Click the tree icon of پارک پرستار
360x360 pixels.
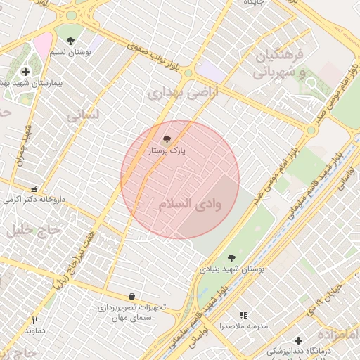click(167, 140)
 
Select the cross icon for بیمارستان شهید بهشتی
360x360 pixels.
click(26, 71)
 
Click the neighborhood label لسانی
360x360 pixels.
click(83, 114)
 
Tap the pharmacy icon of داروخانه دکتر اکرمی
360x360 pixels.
click(34, 189)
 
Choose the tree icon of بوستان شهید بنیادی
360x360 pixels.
click(232, 258)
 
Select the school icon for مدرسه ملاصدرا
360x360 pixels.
click(243, 316)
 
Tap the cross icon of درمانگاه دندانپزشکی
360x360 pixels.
click(299, 340)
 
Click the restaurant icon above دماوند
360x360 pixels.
click(34, 320)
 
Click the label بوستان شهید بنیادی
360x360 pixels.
click(238, 269)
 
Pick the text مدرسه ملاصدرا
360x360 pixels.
click(243, 327)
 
